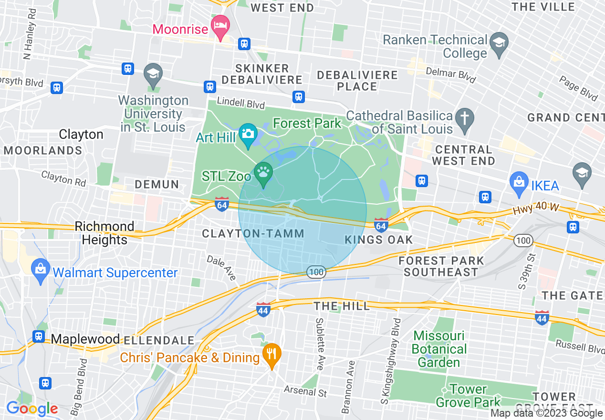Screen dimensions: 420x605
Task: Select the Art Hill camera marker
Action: [248, 133]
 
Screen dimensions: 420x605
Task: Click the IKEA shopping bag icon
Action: [519, 181]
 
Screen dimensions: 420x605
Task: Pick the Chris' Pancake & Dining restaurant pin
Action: [271, 355]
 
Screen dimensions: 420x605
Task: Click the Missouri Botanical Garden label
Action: [439, 349]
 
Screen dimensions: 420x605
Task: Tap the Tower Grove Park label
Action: [468, 396]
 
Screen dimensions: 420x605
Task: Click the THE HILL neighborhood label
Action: [342, 306]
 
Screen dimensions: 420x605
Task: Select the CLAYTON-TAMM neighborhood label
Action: [253, 233]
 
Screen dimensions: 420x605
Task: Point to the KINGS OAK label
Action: [379, 240]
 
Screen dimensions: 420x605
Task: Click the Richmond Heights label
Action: [104, 232]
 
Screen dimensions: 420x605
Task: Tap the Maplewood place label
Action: [85, 339]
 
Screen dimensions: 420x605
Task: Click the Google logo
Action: [31, 409]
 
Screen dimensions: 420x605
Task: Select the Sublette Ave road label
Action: [320, 344]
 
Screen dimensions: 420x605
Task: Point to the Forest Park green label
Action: [307, 123]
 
